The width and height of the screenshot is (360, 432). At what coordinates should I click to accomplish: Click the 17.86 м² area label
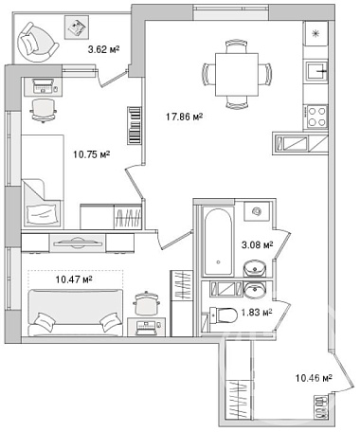184,117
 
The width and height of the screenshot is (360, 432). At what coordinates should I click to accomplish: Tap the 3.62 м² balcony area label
103,49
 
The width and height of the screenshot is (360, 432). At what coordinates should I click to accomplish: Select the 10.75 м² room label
92,154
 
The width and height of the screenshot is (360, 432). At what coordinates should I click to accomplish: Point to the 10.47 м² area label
74,279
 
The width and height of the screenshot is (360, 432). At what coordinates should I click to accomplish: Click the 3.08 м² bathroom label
257,244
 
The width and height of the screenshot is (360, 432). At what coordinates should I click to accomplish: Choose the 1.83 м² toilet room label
257,313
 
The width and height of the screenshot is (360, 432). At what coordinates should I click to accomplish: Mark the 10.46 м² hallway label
314,377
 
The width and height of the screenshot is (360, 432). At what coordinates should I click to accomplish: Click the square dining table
237,75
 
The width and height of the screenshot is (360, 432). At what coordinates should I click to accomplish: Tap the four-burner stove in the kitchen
316,117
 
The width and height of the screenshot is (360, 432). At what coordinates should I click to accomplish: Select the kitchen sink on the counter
316,71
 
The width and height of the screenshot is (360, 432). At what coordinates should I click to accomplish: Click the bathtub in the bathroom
218,242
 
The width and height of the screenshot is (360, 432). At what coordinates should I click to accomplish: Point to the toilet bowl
224,315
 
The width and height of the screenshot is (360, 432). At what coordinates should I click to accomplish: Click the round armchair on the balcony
36,43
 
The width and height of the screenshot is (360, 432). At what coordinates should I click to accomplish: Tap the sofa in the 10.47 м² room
75,312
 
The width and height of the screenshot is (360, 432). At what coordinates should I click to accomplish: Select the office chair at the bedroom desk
44,110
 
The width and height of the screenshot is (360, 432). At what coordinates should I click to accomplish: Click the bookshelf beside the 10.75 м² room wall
135,125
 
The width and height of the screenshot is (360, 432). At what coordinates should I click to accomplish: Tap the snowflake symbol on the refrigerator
315,33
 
